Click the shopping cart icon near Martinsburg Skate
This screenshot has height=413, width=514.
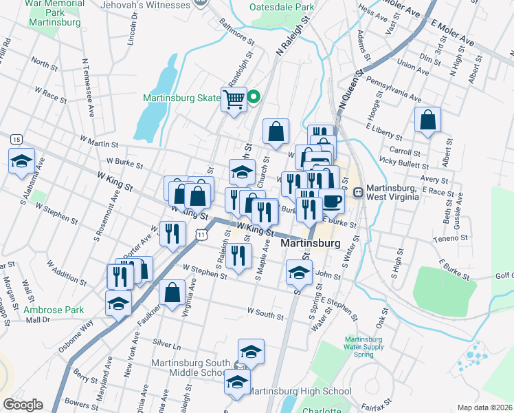tap(234, 99)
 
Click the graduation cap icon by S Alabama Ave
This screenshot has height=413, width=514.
tap(21, 161)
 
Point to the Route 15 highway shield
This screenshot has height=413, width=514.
tap(15, 139)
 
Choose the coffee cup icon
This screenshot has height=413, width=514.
tap(333, 201)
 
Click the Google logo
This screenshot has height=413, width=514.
tap(22, 405)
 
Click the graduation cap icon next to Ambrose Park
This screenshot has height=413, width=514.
tap(118, 303)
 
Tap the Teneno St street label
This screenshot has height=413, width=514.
tap(450, 239)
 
